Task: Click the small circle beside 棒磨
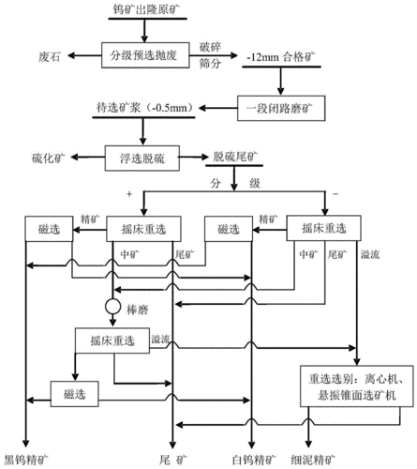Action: pos(112,307)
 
